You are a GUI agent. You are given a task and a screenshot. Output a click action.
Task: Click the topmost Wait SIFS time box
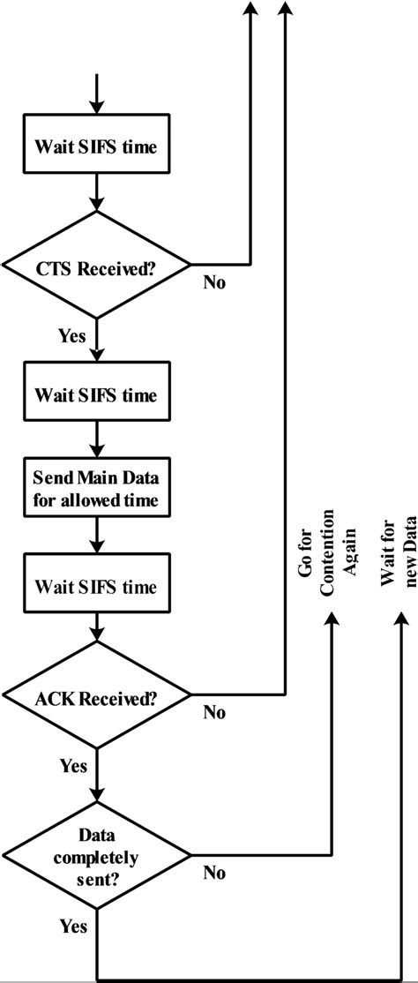[96, 146]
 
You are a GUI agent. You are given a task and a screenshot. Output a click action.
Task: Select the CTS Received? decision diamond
[97, 265]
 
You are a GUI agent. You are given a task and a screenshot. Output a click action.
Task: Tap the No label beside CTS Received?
[214, 282]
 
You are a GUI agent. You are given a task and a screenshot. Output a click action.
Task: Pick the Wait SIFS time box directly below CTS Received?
[96, 394]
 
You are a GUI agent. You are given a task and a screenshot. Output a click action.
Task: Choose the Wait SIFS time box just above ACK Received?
[96, 562]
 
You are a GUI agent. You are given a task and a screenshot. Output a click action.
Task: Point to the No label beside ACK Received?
[214, 713]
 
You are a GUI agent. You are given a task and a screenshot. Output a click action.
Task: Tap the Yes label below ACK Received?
[72, 766]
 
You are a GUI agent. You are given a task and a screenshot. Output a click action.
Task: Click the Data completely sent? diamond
[97, 854]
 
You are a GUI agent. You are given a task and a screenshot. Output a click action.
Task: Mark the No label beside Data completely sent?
[214, 873]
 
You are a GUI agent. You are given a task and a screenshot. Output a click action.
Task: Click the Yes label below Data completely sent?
[72, 927]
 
